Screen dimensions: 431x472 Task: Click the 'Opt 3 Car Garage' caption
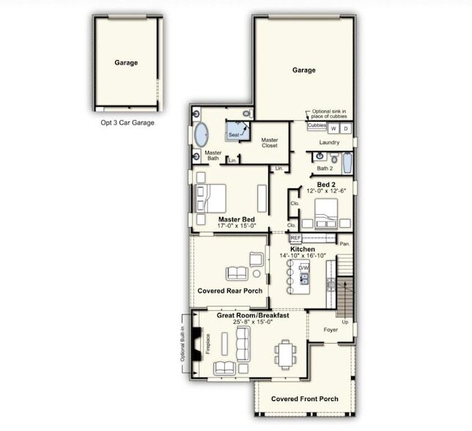tap(128, 123)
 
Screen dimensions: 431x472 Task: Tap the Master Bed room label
tap(237, 219)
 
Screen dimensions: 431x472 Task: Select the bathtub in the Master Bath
tap(201, 136)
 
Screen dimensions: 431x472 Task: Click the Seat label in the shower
tap(233, 136)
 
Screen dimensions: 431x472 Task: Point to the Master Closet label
tap(270, 143)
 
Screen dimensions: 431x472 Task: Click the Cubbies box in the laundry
tap(317, 126)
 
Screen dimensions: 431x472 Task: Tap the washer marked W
tap(333, 128)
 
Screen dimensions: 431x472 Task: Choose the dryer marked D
tap(346, 128)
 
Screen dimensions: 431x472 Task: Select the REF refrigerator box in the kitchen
tap(296, 238)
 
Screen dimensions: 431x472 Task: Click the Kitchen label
tap(302, 250)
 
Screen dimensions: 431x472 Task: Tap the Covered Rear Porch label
tap(230, 291)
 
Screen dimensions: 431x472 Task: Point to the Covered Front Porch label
tap(304, 399)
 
